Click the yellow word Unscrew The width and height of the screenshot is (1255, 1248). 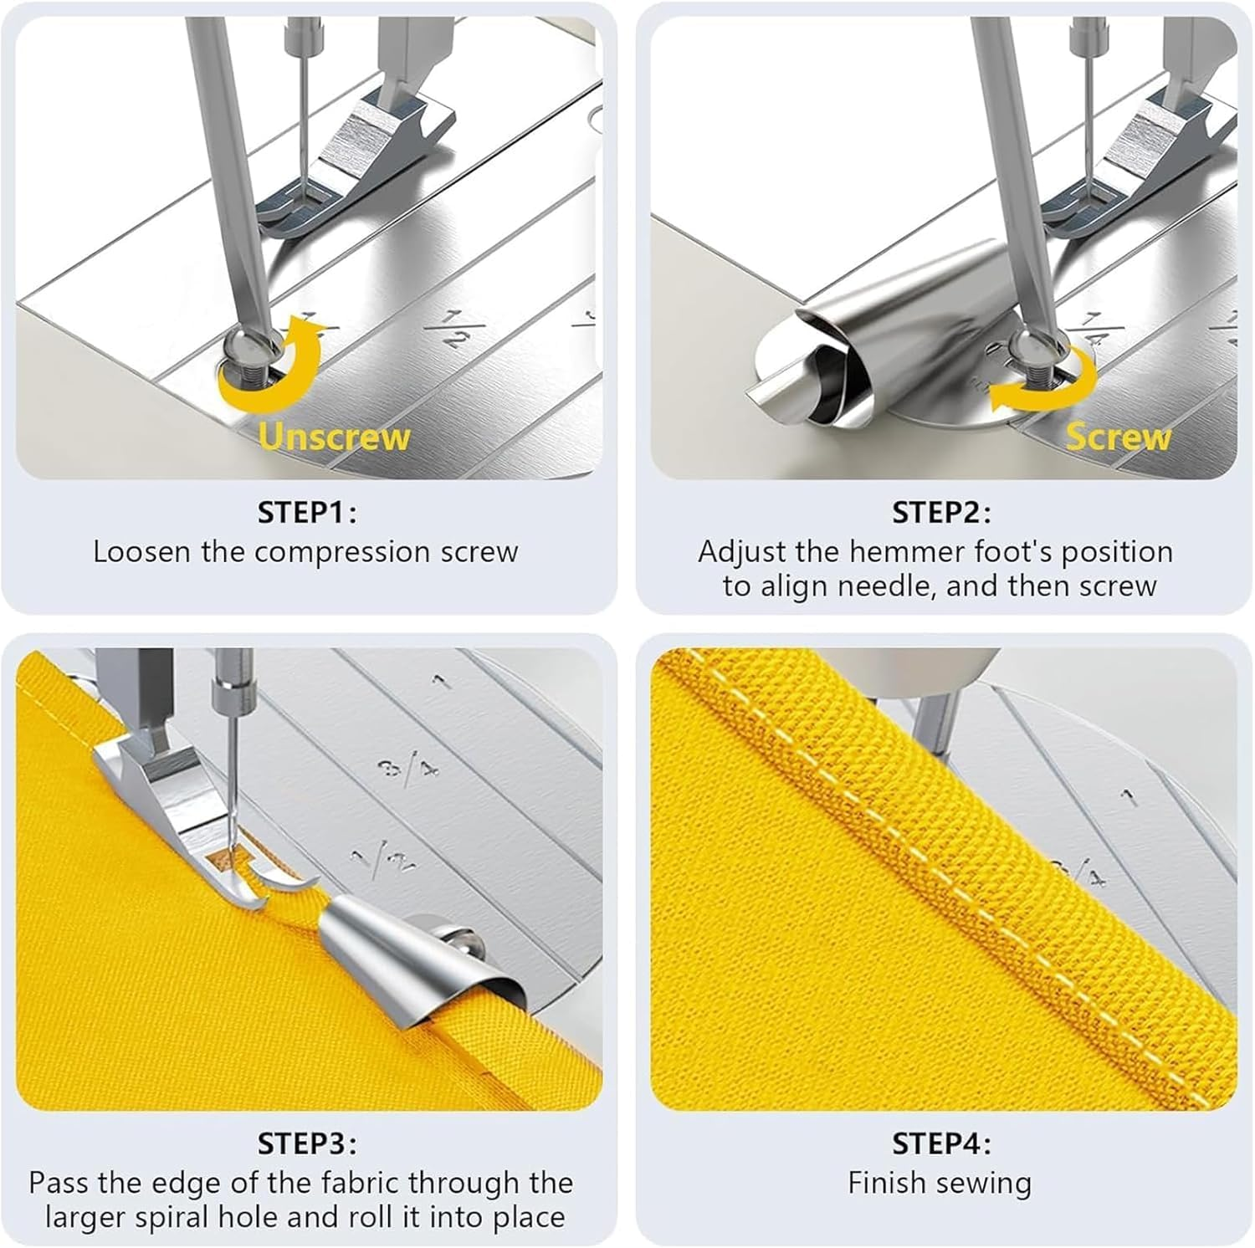[x=334, y=437]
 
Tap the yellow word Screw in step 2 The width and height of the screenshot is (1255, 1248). [x=1118, y=437]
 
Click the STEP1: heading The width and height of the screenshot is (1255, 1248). [x=307, y=512]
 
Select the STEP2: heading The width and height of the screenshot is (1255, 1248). [x=941, y=512]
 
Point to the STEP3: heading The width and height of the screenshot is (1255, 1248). [x=307, y=1143]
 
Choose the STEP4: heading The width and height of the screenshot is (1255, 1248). [x=941, y=1143]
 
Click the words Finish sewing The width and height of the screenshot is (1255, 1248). [x=940, y=1183]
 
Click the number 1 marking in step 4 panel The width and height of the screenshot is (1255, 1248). [x=1130, y=795]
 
